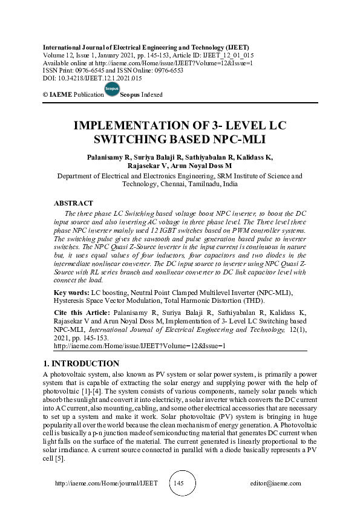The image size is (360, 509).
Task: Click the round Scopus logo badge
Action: click(x=112, y=90)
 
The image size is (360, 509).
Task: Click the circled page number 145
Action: click(x=179, y=483)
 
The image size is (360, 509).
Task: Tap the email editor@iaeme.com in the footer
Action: click(x=275, y=484)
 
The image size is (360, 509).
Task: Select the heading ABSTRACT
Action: click(x=73, y=203)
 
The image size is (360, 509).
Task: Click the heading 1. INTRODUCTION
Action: click(x=81, y=363)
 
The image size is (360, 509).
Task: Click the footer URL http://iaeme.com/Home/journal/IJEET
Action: click(x=106, y=484)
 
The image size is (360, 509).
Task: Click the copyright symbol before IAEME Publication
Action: click(x=45, y=95)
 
